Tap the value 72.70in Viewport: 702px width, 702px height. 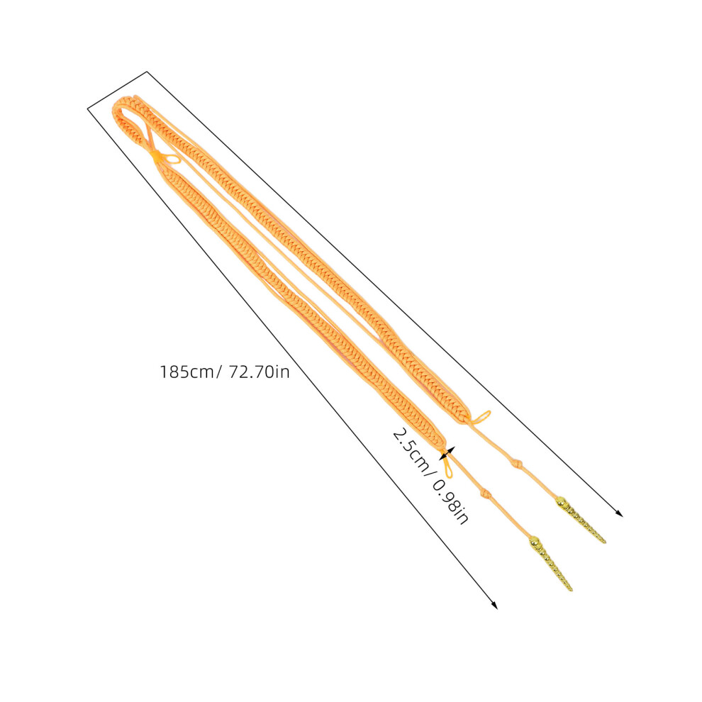pyautogui.click(x=260, y=372)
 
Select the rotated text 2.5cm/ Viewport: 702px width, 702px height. pyautogui.click(x=411, y=453)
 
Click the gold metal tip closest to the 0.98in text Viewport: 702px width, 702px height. pyautogui.click(x=550, y=562)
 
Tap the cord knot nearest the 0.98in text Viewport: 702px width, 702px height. pyautogui.click(x=485, y=494)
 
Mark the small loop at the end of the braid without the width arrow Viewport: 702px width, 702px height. pyautogui.click(x=481, y=417)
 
